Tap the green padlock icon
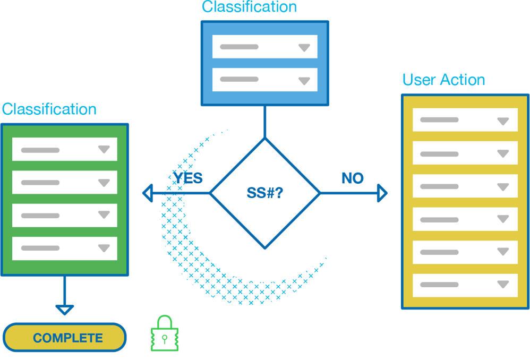pos(164,335)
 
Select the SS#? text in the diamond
pos(265,193)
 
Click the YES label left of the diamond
pos(187,178)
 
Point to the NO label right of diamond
pos(353,178)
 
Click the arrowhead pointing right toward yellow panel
pos(382,193)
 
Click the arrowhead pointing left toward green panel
pos(148,193)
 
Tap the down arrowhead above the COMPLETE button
pos(64,309)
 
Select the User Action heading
pos(443,80)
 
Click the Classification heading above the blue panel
pos(249,7)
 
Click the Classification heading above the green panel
pos(49,109)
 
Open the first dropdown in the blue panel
pos(264,47)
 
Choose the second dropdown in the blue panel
pos(264,80)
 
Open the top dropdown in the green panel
pos(65,150)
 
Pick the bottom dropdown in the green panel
pos(65,248)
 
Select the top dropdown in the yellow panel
pos(465,120)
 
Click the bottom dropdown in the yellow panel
pos(465,285)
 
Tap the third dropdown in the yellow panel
pos(465,186)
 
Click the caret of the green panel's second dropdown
pos(104,183)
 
